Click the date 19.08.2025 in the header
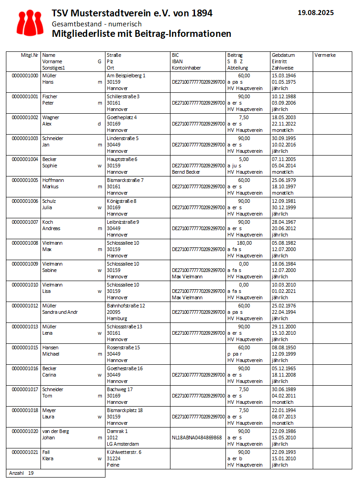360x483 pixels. click(x=315, y=13)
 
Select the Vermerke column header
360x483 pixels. click(x=325, y=55)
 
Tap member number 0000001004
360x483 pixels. click(x=25, y=159)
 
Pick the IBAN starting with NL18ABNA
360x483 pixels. click(x=197, y=438)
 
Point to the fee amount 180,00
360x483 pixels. click(x=244, y=243)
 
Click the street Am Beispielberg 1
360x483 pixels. click(x=126, y=75)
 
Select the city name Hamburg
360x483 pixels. click(x=117, y=318)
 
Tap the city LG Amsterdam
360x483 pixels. click(x=123, y=444)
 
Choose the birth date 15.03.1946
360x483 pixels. click(x=283, y=75)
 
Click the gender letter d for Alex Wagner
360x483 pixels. click(x=99, y=124)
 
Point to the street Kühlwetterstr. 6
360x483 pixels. click(x=124, y=452)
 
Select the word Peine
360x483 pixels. click(x=113, y=465)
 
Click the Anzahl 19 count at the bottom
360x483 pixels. click(x=21, y=473)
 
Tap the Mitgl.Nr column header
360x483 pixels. click(x=30, y=55)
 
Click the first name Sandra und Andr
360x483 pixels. click(x=60, y=312)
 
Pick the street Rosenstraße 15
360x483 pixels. click(x=123, y=347)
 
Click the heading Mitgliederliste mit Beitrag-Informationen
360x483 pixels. click(x=141, y=34)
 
